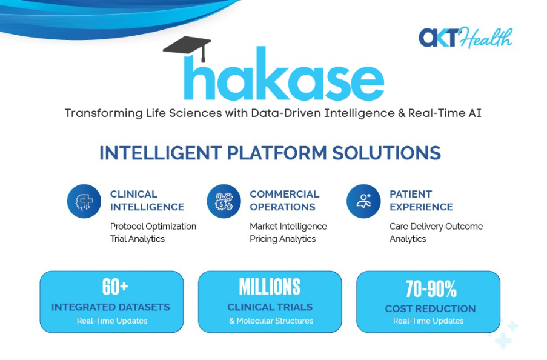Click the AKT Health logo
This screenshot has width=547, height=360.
click(x=465, y=38)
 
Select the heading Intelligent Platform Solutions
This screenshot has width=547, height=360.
click(x=270, y=153)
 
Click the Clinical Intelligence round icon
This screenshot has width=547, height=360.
click(x=84, y=201)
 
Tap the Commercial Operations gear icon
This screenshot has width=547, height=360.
click(x=224, y=201)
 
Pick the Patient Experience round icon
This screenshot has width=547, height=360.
click(x=363, y=201)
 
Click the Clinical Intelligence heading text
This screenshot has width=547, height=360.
click(x=147, y=201)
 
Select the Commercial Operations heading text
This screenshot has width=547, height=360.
click(x=284, y=201)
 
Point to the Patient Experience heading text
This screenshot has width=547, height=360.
click(x=421, y=201)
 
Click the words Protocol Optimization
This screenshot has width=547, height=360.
click(x=153, y=226)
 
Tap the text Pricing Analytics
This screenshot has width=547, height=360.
click(x=282, y=239)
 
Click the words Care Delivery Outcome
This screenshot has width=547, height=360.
click(x=436, y=226)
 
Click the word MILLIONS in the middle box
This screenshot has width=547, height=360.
click(x=270, y=287)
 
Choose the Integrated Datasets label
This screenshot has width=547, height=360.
click(x=110, y=307)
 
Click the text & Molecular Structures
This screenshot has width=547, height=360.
click(x=271, y=321)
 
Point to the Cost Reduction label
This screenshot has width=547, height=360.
click(x=430, y=308)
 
